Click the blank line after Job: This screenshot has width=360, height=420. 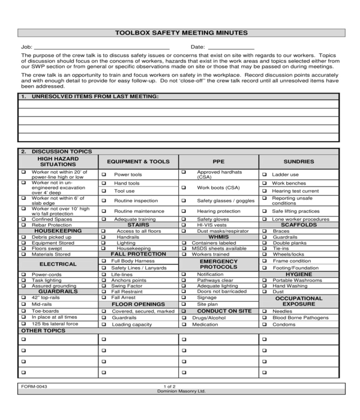[x=102, y=47]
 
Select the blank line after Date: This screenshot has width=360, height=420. [x=231, y=47]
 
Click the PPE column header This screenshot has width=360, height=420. [x=218, y=161]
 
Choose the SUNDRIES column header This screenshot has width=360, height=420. [x=299, y=161]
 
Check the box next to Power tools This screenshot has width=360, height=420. [x=104, y=175]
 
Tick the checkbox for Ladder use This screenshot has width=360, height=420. [x=264, y=175]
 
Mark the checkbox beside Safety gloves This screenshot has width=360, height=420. [x=184, y=220]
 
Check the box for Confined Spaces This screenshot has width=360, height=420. [x=23, y=220]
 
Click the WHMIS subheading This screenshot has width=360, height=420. [x=218, y=237]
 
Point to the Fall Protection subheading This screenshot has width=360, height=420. [x=138, y=254]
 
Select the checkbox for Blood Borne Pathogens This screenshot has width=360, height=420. [x=264, y=318]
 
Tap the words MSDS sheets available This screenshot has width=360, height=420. [x=219, y=248]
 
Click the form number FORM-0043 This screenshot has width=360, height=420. [x=34, y=387]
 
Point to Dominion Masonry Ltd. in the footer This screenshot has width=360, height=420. [x=181, y=391]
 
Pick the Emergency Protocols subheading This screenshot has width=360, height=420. [x=218, y=264]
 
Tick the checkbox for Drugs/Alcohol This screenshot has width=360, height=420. [x=184, y=318]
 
